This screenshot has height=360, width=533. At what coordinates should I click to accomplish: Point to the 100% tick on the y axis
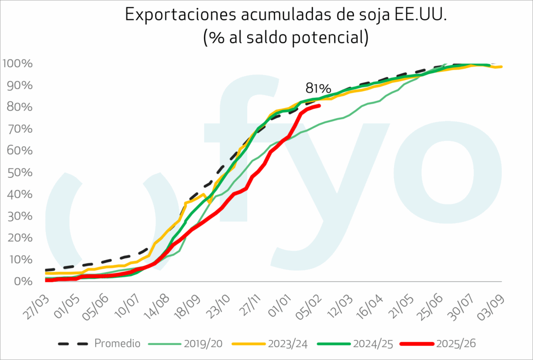(x=18, y=64)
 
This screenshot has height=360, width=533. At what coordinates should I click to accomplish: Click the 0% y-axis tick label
(x=24, y=281)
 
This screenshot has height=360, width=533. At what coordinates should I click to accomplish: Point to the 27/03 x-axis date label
(x=34, y=307)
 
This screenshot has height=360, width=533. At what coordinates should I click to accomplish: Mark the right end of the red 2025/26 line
(x=320, y=106)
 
